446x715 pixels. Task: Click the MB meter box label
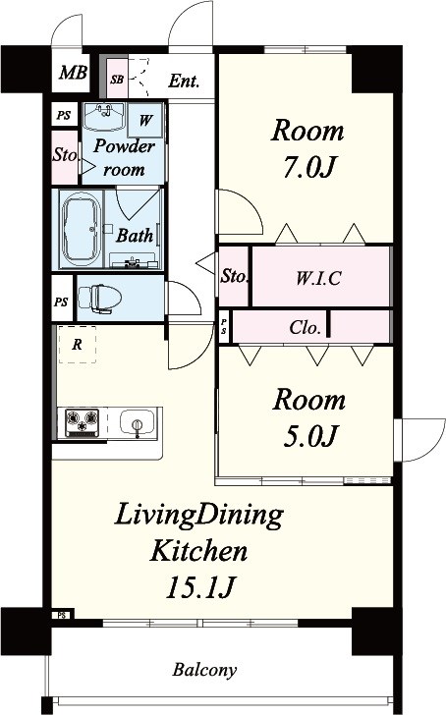tap(73, 72)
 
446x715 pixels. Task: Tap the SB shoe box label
tap(117, 80)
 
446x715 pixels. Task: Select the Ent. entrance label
tap(184, 82)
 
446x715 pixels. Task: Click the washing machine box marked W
tap(145, 121)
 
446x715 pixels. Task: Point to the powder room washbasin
tap(105, 117)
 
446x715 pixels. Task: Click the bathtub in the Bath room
tap(82, 229)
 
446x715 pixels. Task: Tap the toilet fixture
tap(100, 300)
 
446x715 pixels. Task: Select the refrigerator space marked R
tap(77, 345)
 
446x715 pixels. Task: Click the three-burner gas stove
tap(83, 422)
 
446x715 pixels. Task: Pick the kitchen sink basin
tap(138, 421)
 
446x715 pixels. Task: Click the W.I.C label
tap(318, 278)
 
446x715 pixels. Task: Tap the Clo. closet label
tap(305, 327)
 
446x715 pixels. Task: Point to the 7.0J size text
tap(309, 168)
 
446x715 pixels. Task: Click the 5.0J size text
tap(309, 436)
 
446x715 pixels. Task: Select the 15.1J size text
tap(200, 587)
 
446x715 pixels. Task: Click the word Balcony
tap(204, 670)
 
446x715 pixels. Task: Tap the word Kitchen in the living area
tap(198, 550)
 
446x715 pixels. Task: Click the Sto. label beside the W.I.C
tap(235, 276)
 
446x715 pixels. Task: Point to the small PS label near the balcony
tap(62, 615)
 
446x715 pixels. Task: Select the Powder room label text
tap(124, 158)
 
